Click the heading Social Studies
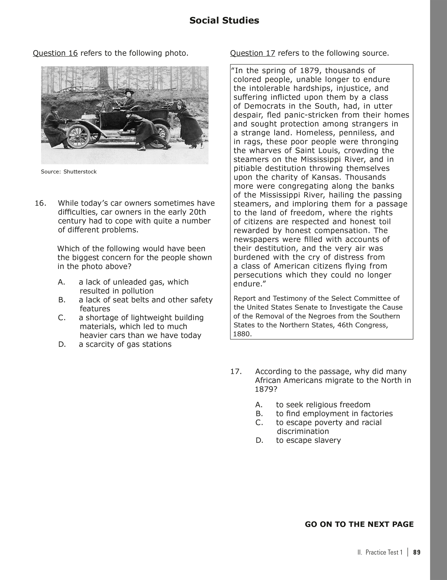tap(224, 21)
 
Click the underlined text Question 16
tap(55, 53)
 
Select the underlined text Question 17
tap(253, 53)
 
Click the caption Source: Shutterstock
tap(69, 172)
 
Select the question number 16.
tap(41, 203)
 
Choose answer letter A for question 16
tap(61, 282)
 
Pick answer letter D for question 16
tap(62, 344)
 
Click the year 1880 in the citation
tap(241, 334)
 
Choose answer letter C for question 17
tap(259, 423)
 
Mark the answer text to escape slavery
tap(308, 440)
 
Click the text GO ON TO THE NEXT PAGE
tap(359, 524)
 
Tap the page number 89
tap(417, 552)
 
